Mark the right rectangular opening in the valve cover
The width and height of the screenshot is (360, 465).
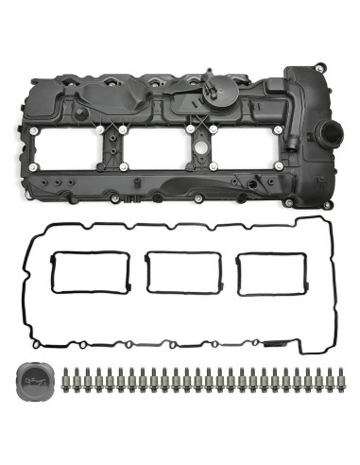point(245,153)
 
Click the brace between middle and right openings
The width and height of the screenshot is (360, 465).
point(199,151)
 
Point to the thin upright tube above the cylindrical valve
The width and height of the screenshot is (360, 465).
point(206,74)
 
